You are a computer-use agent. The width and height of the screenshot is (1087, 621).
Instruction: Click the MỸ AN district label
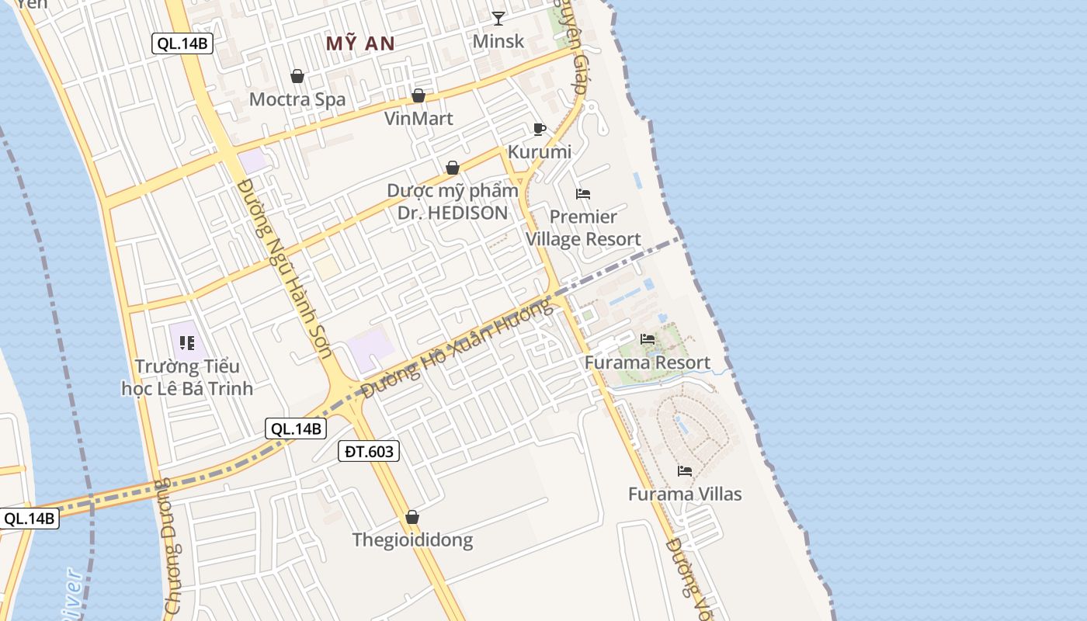click(x=360, y=43)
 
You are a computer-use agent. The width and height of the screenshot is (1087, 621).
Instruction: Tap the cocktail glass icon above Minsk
click(x=498, y=18)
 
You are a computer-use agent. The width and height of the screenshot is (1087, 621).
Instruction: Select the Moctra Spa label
click(x=297, y=99)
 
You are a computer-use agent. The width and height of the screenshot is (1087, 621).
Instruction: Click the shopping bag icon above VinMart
click(x=418, y=95)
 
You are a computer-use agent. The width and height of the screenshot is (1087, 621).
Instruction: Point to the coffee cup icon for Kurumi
click(x=540, y=129)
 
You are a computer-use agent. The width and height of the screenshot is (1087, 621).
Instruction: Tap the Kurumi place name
click(x=540, y=152)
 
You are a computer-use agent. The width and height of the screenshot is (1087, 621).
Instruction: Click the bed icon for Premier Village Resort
click(x=583, y=193)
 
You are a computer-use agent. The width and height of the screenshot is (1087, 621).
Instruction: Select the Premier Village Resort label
click(x=583, y=227)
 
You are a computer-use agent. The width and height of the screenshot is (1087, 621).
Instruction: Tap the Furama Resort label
click(x=647, y=363)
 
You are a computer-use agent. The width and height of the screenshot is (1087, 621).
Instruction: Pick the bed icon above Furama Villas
click(x=685, y=470)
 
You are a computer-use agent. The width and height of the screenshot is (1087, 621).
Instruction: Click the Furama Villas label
click(x=685, y=494)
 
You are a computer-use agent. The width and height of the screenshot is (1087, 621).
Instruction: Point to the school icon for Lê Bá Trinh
click(x=186, y=342)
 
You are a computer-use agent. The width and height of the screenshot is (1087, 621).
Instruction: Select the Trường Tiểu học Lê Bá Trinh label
click(x=187, y=377)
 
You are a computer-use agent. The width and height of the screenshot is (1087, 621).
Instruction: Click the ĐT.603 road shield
click(x=369, y=451)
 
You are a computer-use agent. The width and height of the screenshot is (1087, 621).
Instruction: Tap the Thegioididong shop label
click(x=412, y=540)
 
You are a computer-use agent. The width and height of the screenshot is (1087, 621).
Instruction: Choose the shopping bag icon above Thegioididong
click(x=412, y=517)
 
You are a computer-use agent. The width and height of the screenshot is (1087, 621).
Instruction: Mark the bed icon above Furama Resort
click(x=647, y=339)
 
